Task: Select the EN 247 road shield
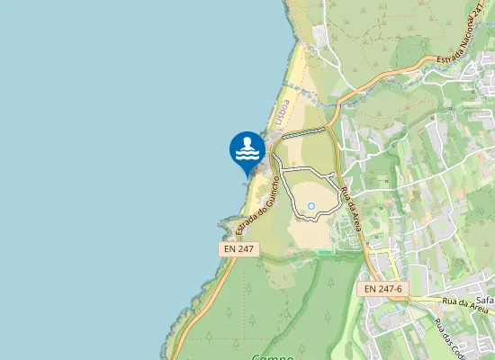[239, 248]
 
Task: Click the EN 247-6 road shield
[384, 289]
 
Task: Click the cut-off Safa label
[485, 299]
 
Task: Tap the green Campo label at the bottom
[273, 356]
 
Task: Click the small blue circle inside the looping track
[311, 207]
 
